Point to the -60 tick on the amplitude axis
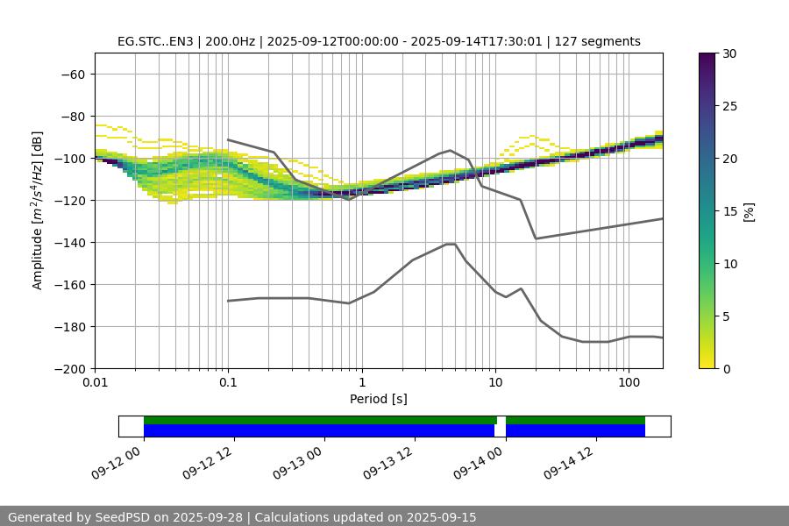(73, 74)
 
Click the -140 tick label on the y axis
(69, 242)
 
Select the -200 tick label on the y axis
(69, 368)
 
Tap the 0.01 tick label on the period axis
(95, 383)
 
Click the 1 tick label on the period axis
(361, 383)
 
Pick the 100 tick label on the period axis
(628, 383)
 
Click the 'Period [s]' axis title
(378, 399)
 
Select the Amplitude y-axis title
(38, 210)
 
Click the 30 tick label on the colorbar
(729, 53)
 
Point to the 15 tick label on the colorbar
(729, 211)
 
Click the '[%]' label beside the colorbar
(749, 211)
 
